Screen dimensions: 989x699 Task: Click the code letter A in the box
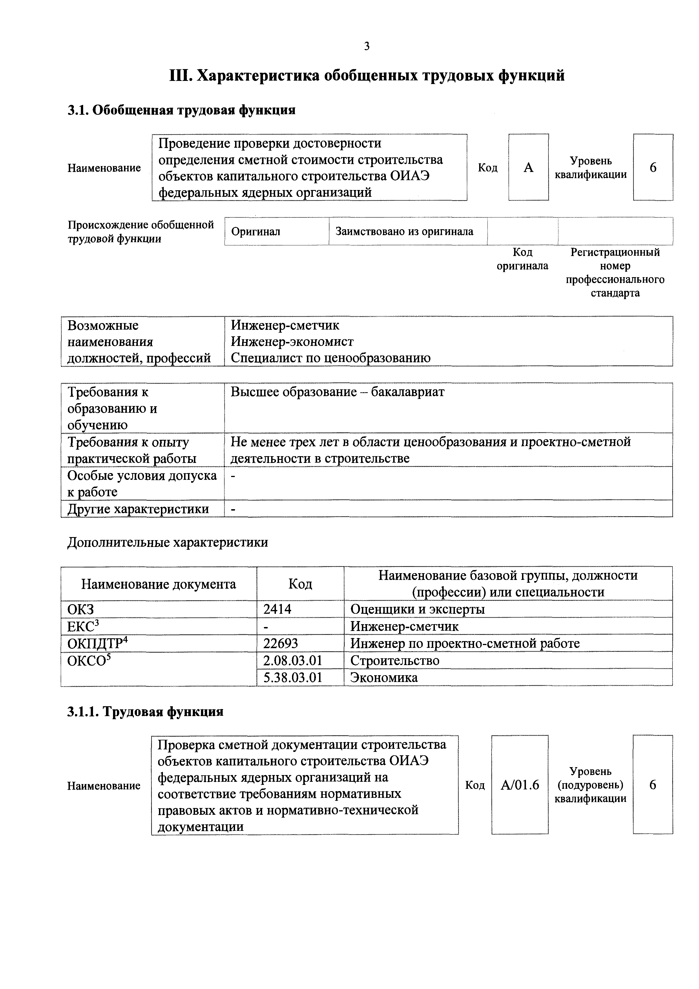pos(528,167)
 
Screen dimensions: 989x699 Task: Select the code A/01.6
pos(520,785)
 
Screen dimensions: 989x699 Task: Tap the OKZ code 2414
pos(277,609)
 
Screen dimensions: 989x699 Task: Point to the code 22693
pos(280,644)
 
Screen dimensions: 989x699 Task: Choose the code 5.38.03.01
pos(293,677)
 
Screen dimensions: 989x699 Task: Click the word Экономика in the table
pos(384,677)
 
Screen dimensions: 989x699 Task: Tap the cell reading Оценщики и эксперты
pos(417,609)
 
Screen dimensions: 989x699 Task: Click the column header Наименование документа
pos(158,584)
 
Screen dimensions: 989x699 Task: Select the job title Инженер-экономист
pos(292,342)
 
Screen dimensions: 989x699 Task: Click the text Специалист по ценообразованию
pos(330,358)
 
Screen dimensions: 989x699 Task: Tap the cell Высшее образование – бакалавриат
pos(337,392)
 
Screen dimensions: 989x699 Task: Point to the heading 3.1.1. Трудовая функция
pos(145,712)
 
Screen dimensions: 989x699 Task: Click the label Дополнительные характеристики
pos(167,542)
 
